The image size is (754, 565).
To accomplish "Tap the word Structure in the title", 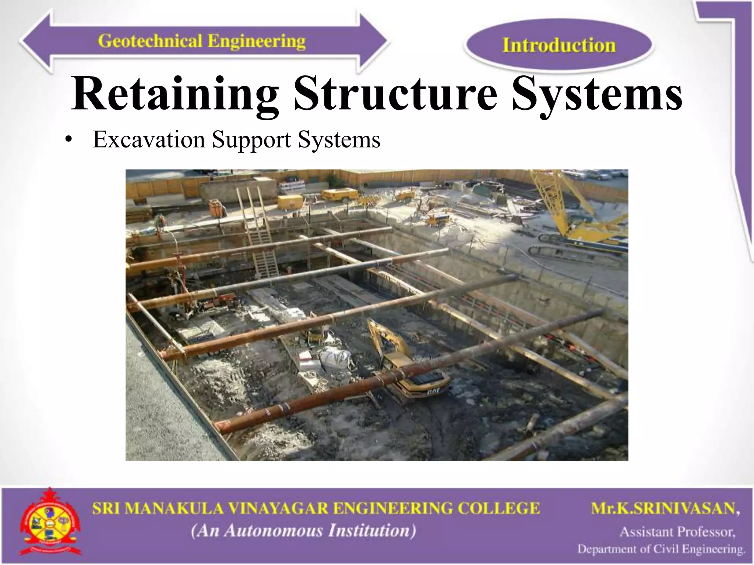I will tap(396, 94).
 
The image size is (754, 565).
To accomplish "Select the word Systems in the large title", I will tap(596, 94).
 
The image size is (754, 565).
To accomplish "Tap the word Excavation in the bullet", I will tap(149, 140).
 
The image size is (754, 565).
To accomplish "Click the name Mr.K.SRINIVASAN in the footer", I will tap(665, 509).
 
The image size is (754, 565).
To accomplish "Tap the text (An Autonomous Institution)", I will tap(303, 531).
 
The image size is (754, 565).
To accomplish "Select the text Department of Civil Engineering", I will tap(661, 549).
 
